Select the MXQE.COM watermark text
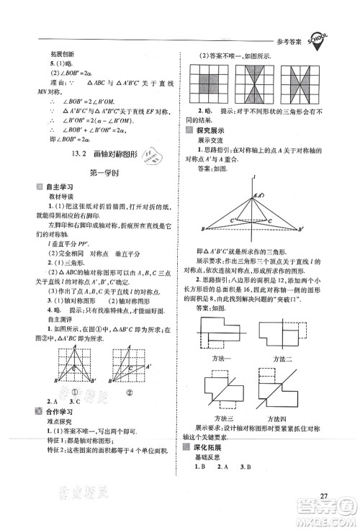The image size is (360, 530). click(x=331, y=519)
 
